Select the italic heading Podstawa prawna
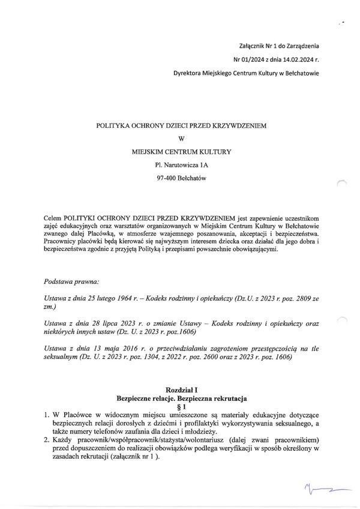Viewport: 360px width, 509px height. pos(72,281)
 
